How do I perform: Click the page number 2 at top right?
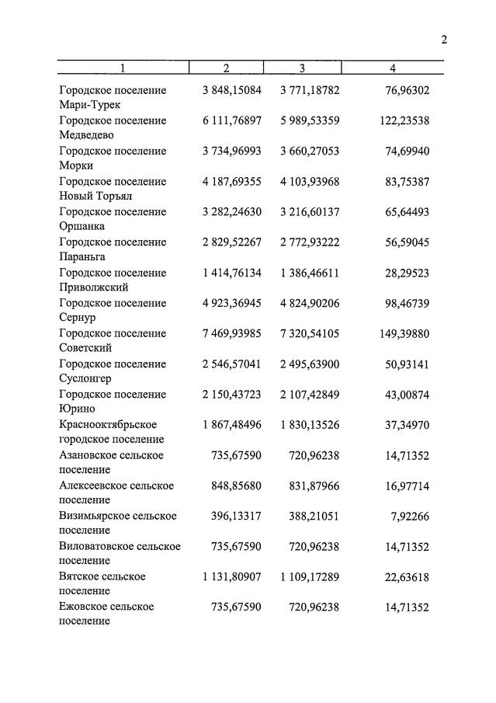445,40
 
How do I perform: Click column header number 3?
303,68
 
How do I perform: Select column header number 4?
393,68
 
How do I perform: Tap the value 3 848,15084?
231,91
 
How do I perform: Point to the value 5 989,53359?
310,121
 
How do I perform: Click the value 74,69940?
407,151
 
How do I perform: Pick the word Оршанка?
82,226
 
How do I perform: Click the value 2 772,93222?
310,242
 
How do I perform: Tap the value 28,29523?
407,273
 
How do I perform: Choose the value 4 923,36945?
231,303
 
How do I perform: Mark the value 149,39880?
404,333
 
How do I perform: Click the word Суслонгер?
85,378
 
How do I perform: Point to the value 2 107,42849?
310,395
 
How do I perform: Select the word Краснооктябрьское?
108,425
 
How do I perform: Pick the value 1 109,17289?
310,576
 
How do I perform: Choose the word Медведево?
86,135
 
